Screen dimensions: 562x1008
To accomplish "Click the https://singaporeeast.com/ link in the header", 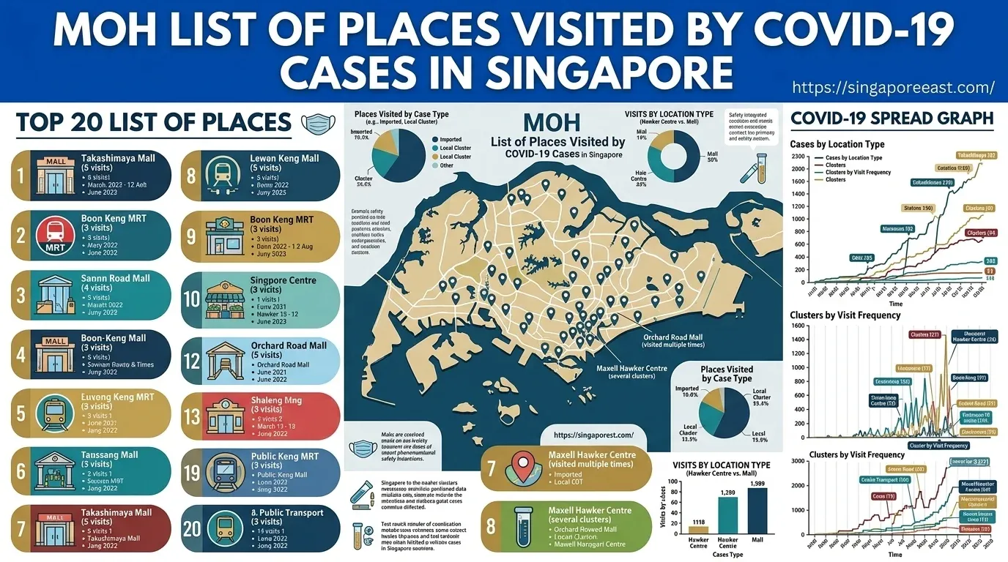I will click(x=893, y=88).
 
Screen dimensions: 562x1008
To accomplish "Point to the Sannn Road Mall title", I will click(x=115, y=278).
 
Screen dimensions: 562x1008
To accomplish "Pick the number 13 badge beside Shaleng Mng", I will click(x=192, y=416).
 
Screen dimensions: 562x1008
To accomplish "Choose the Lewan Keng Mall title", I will click(x=284, y=158).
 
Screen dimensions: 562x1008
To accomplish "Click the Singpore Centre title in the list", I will click(x=283, y=280).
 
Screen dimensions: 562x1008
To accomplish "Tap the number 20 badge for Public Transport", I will click(x=192, y=528).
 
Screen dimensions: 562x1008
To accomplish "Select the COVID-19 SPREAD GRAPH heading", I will click(x=892, y=119).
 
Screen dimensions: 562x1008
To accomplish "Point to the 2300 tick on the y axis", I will click(x=797, y=157).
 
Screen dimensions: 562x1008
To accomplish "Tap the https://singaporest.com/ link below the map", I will click(x=594, y=435).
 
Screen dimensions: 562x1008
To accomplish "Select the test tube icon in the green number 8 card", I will click(x=522, y=527).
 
